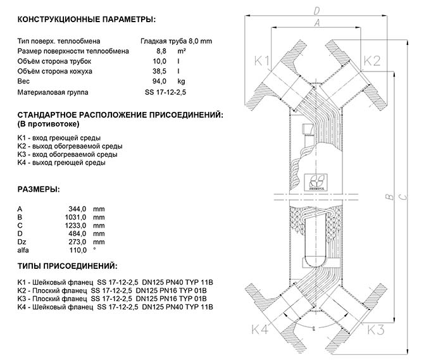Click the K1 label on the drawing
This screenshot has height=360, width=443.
262,61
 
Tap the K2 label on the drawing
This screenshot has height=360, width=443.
372,61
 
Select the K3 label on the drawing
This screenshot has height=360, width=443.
376,330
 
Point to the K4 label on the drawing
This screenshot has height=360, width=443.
259,330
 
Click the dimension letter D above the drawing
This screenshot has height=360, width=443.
316,11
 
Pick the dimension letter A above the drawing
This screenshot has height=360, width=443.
317,23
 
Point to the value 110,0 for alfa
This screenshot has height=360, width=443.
78,250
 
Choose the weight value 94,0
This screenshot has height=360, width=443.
159,82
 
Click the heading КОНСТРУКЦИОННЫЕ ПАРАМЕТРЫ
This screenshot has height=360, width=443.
87,20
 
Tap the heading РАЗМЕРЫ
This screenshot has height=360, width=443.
39,189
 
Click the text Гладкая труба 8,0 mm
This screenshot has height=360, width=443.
177,41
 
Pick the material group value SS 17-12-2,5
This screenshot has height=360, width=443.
166,92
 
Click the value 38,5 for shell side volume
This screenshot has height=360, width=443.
159,71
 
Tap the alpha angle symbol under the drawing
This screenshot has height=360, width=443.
314,328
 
